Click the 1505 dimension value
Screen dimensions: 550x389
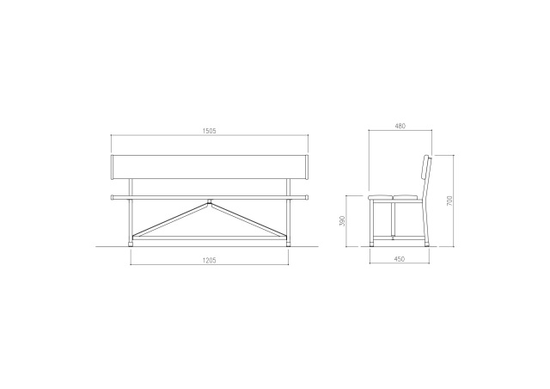pyautogui.click(x=210, y=131)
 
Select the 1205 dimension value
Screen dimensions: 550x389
pyautogui.click(x=210, y=261)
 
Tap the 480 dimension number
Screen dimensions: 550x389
pyautogui.click(x=400, y=126)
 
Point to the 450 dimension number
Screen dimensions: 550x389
pyautogui.click(x=400, y=259)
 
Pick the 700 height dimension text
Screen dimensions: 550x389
pyautogui.click(x=450, y=201)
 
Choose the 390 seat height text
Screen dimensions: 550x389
pyautogui.click(x=343, y=220)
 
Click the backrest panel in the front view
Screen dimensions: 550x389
pyautogui.click(x=210, y=167)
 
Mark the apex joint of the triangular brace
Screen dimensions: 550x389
pyautogui.click(x=210, y=202)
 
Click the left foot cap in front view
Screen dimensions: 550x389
pyautogui.click(x=131, y=243)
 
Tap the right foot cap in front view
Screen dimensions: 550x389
pyautogui.click(x=289, y=243)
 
